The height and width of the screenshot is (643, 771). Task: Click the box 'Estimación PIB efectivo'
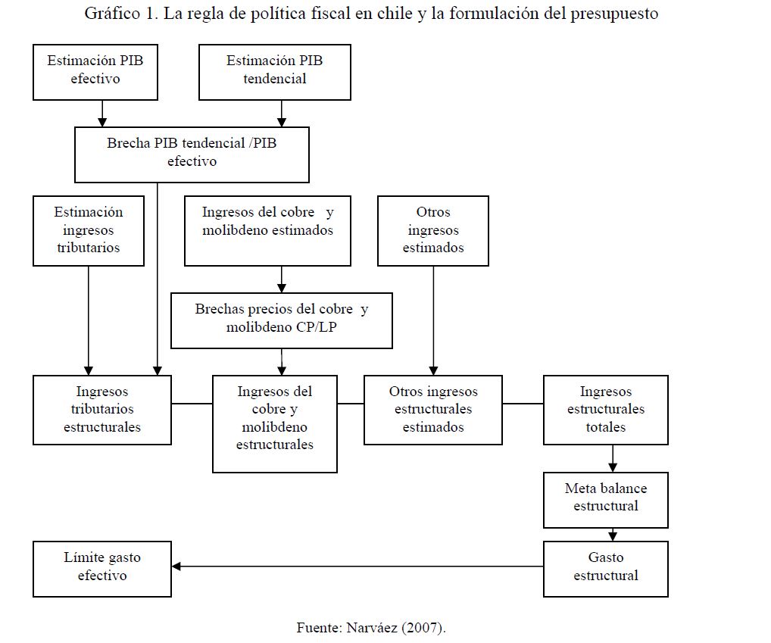95,72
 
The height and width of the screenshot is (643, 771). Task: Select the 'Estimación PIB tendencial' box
275,72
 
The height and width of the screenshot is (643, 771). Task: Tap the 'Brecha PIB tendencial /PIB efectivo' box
192,155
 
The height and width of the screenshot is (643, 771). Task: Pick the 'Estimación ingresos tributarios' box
89,230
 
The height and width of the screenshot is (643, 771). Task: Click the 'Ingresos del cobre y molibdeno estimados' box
267,230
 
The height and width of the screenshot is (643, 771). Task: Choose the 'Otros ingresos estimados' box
433,230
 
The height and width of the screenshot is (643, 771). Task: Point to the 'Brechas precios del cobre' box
282,320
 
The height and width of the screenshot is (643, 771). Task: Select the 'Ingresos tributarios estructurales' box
102,410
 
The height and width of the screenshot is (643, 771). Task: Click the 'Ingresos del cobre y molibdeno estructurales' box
275,424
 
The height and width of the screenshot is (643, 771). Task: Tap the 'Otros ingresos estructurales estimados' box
433,410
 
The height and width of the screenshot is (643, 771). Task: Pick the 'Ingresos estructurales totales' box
606,410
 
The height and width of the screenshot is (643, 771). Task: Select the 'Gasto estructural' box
606,569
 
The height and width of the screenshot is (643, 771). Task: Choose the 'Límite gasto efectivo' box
102,569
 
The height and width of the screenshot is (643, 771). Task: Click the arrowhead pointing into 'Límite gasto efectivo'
176,567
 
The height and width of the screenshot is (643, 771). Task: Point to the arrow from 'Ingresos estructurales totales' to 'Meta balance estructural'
613,458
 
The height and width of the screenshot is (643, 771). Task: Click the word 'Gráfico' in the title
109,14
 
